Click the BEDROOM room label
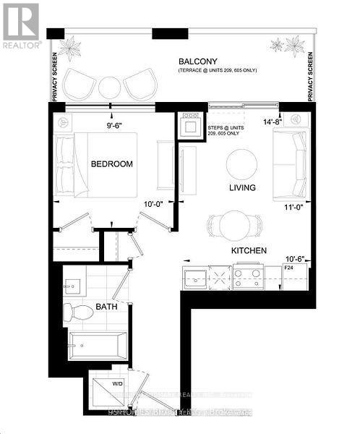click(111, 164)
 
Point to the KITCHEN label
click(249, 250)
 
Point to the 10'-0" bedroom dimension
click(153, 204)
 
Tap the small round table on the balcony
click(109, 87)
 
